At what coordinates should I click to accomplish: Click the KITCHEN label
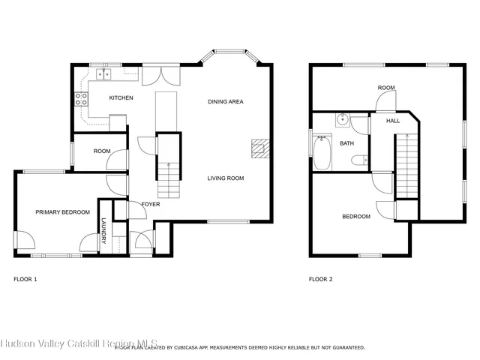(x=121, y=98)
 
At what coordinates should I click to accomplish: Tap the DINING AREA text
(x=226, y=101)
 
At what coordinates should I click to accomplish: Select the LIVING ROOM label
(x=226, y=178)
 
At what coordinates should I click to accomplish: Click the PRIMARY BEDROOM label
(x=62, y=212)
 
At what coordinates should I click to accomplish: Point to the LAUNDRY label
(x=104, y=230)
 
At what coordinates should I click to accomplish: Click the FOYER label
(x=151, y=204)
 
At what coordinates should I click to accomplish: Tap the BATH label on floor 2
(x=346, y=143)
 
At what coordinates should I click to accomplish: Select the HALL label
(x=393, y=121)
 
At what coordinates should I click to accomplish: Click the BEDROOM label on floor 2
(x=356, y=217)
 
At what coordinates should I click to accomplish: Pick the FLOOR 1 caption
(x=25, y=279)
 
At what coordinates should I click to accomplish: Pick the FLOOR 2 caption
(x=320, y=279)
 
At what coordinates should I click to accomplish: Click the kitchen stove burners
(x=81, y=100)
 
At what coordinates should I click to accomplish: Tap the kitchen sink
(x=103, y=74)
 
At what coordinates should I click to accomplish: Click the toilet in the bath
(x=361, y=159)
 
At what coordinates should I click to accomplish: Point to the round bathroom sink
(x=342, y=118)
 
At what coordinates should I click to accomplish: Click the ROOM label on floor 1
(x=102, y=151)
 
